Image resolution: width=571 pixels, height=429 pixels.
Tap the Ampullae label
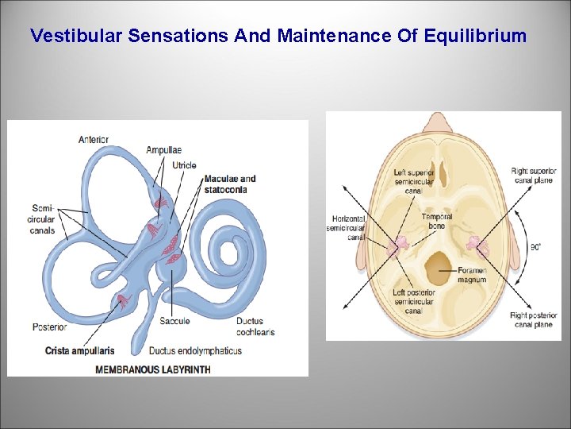(163, 149)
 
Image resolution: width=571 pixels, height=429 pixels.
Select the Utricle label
(184, 165)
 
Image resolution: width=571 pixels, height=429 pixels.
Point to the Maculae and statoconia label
(230, 184)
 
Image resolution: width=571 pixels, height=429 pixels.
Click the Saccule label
(174, 321)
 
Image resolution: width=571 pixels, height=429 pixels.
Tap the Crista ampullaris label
(79, 350)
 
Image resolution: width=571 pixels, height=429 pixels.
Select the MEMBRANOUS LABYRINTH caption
(153, 369)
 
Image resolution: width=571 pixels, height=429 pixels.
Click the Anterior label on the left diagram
(94, 140)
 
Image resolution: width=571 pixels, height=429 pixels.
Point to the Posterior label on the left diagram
(50, 327)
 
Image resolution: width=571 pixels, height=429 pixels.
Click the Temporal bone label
(437, 221)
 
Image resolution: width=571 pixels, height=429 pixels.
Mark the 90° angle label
(536, 247)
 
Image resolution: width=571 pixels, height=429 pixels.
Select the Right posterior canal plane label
(534, 320)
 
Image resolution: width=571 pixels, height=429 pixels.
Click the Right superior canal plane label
(534, 176)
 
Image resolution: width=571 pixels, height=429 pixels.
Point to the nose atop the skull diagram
(435, 121)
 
